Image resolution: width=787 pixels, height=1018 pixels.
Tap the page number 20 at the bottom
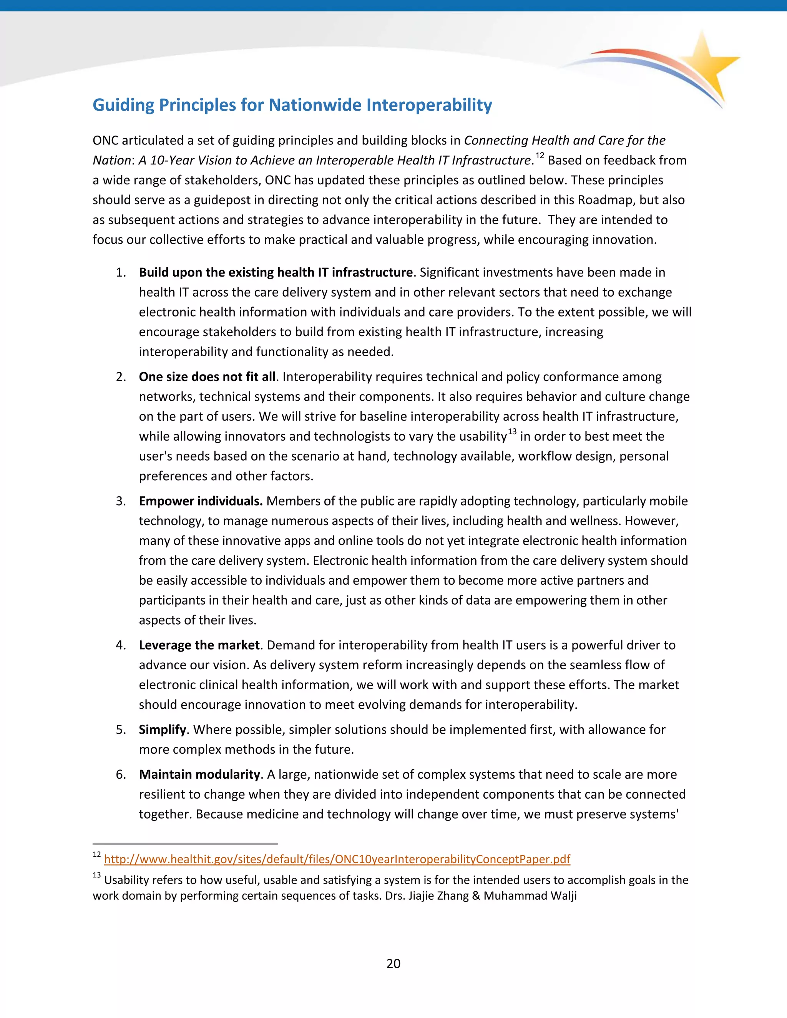click(x=393, y=963)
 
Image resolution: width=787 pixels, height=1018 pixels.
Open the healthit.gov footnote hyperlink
click(x=337, y=859)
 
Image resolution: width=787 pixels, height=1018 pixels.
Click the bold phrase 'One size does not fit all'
click(x=207, y=376)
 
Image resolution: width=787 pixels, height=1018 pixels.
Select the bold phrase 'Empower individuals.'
click(x=201, y=501)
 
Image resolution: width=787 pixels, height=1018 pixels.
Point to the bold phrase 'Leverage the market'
click(x=199, y=645)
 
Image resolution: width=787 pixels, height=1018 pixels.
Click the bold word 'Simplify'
click(x=162, y=730)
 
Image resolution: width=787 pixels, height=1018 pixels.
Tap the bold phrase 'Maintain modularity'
click(x=199, y=774)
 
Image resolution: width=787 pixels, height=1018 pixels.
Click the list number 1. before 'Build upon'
click(x=121, y=273)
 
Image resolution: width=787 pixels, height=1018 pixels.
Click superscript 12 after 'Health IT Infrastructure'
click(x=540, y=156)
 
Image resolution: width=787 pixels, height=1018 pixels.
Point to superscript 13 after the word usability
click(x=512, y=432)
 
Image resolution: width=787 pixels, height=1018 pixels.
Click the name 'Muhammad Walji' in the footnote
click(x=530, y=896)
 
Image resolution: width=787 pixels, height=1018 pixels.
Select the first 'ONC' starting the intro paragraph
click(x=105, y=140)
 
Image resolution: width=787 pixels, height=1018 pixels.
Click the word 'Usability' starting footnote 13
click(x=124, y=880)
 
